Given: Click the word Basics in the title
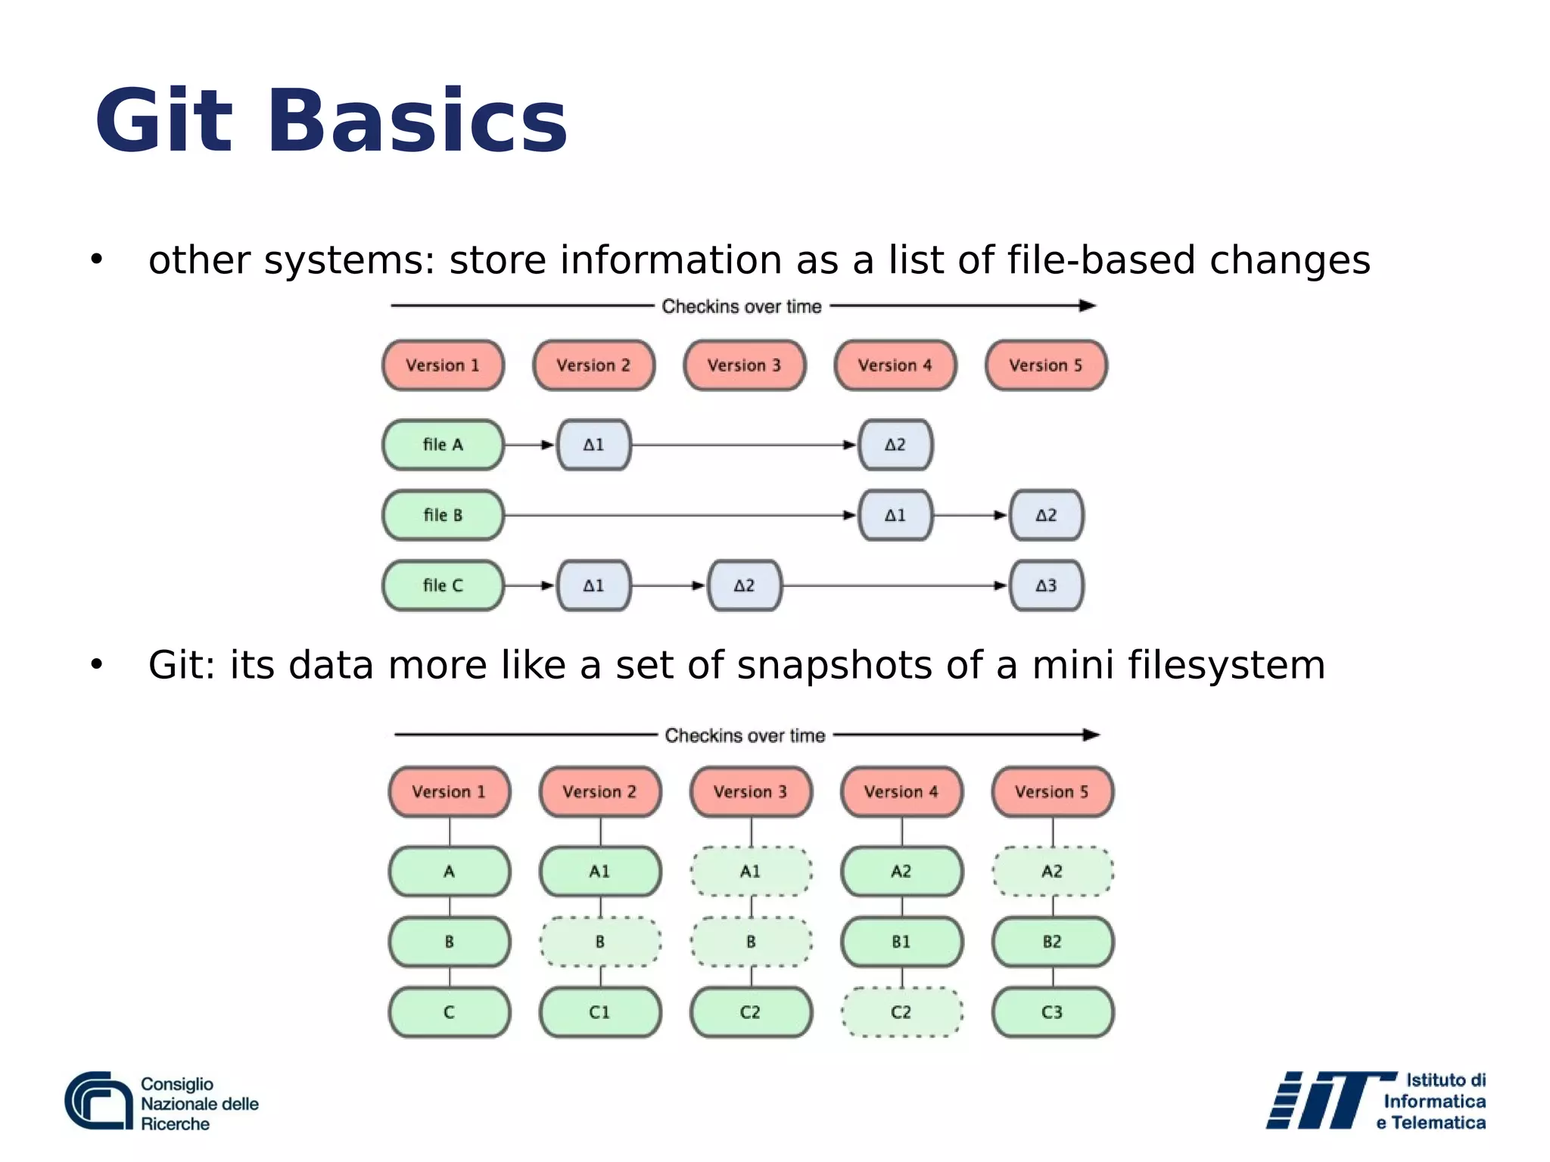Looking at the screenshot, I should tap(416, 121).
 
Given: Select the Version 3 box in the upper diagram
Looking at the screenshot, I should tap(744, 365).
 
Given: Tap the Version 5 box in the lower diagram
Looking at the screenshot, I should tap(1052, 792).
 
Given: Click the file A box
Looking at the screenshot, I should tap(443, 445).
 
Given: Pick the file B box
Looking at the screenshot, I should tap(443, 515).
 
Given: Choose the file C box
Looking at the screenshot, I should tap(443, 586).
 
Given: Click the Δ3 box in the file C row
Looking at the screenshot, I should tap(1046, 586).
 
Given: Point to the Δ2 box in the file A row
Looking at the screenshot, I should tap(895, 445).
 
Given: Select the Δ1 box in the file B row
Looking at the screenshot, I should tap(895, 515).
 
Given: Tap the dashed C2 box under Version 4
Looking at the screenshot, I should tap(901, 1012).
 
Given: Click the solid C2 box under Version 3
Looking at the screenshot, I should tap(750, 1012).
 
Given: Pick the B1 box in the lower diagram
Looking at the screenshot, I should tap(901, 942).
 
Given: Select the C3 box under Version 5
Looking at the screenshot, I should tap(1052, 1012).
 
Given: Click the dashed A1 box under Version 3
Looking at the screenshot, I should tap(750, 871).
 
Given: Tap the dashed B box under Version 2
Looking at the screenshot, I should tap(599, 942).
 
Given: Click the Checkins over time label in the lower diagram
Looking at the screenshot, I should tap(745, 735).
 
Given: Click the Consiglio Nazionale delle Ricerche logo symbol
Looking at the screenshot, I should tap(98, 1101).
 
